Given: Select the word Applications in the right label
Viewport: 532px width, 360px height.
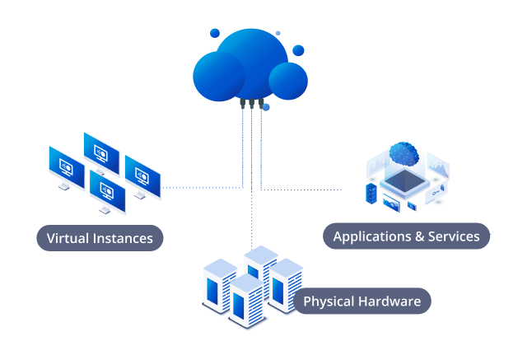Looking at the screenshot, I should click(x=372, y=236).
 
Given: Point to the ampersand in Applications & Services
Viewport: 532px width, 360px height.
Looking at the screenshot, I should click(x=419, y=236).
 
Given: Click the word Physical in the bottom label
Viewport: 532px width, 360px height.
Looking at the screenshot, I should click(x=329, y=302).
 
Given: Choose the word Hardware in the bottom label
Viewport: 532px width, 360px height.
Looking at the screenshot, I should click(x=390, y=302).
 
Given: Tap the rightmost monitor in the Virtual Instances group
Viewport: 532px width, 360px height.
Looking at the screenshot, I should click(x=142, y=177).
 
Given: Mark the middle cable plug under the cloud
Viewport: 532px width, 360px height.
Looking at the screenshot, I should click(x=251, y=105).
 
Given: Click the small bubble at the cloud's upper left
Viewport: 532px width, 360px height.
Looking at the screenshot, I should click(x=215, y=33).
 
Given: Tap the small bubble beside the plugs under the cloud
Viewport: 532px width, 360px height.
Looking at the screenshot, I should click(x=266, y=107).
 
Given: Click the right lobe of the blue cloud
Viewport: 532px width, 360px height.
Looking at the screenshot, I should click(x=288, y=80).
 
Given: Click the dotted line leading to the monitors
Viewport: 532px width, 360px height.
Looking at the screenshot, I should click(x=202, y=188).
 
